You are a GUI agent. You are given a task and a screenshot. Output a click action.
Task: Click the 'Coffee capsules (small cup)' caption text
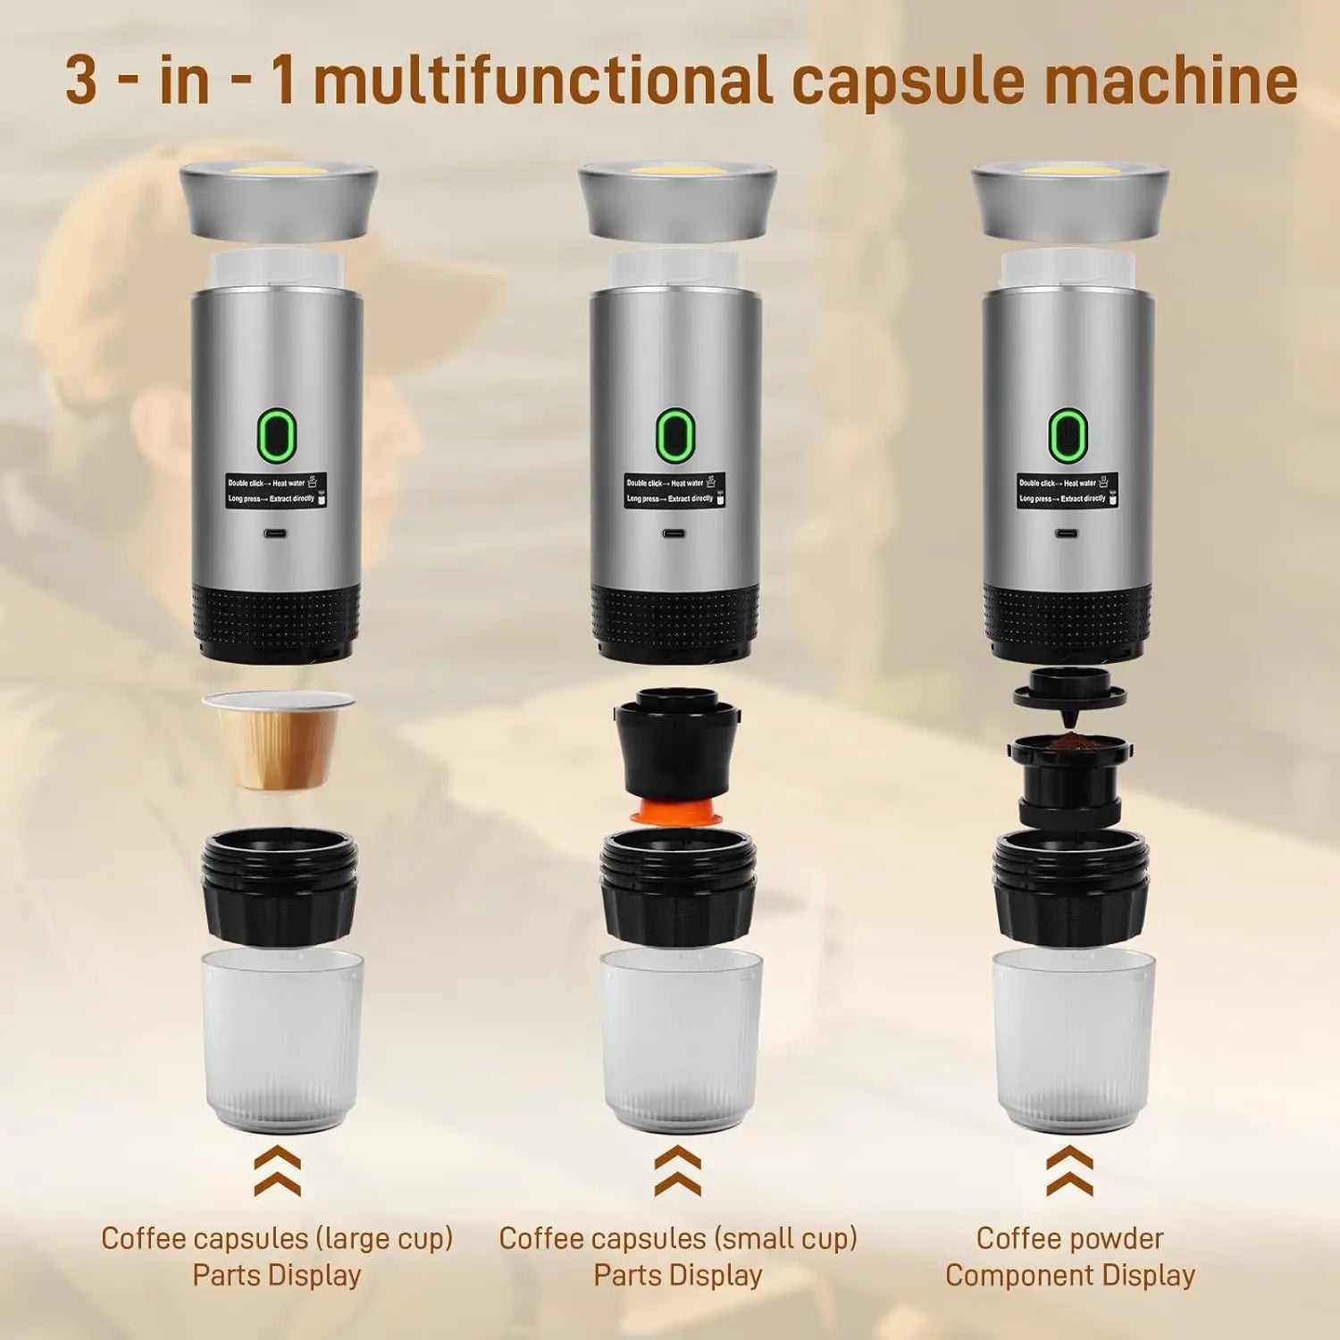click(678, 1238)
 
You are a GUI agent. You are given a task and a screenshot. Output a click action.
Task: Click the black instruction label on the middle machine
click(674, 490)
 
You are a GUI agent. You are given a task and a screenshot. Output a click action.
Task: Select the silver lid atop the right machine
click(1069, 200)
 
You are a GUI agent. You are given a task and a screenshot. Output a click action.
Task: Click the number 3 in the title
click(82, 80)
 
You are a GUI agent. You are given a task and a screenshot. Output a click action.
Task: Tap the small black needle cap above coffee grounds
click(1068, 696)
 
